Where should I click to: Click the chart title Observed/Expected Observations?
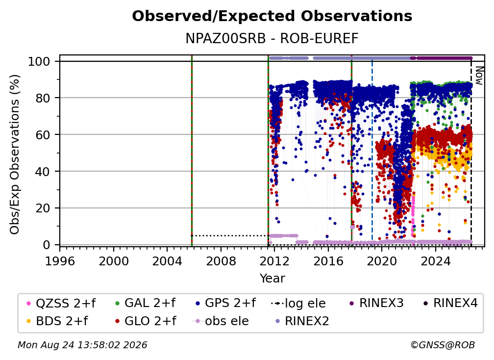click(272, 16)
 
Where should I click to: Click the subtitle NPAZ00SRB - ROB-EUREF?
click(272, 38)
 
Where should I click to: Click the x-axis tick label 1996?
click(60, 261)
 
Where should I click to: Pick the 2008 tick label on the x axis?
click(221, 261)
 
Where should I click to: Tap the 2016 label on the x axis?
click(328, 261)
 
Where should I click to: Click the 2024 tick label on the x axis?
click(436, 261)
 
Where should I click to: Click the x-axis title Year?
click(272, 279)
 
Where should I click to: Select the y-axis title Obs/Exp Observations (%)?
click(15, 154)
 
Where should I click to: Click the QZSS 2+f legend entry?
click(61, 303)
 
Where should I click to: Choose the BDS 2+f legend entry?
click(57, 321)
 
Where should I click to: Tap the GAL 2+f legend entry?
click(145, 303)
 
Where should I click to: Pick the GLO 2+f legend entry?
click(146, 321)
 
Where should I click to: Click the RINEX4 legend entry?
click(450, 303)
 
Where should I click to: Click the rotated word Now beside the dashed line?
click(479, 76)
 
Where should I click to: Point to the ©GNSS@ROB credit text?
click(443, 345)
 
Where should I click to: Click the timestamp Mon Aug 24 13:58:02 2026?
click(82, 345)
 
